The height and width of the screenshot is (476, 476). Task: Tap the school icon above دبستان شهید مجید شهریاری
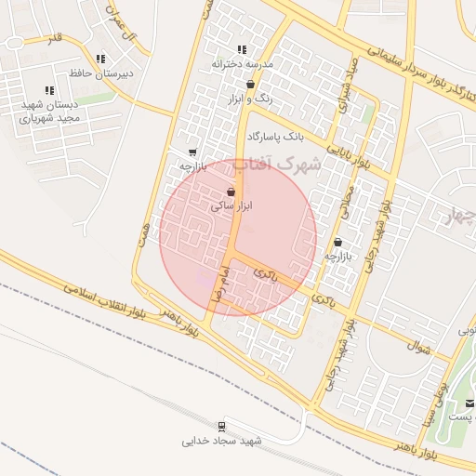pos(49,90)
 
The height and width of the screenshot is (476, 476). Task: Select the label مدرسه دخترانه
pos(241,64)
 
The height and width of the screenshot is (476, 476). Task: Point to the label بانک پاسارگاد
pos(275,137)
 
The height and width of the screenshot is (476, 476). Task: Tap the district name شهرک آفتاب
pos(276,165)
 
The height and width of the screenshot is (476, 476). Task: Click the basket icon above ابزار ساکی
pos(230,192)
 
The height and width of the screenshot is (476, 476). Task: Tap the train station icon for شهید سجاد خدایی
pos(221,427)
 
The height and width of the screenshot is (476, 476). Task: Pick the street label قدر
pos(55,37)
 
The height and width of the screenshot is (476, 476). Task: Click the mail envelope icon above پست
pos(469,403)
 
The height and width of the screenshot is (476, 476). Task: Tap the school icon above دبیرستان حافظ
pos(100,59)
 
